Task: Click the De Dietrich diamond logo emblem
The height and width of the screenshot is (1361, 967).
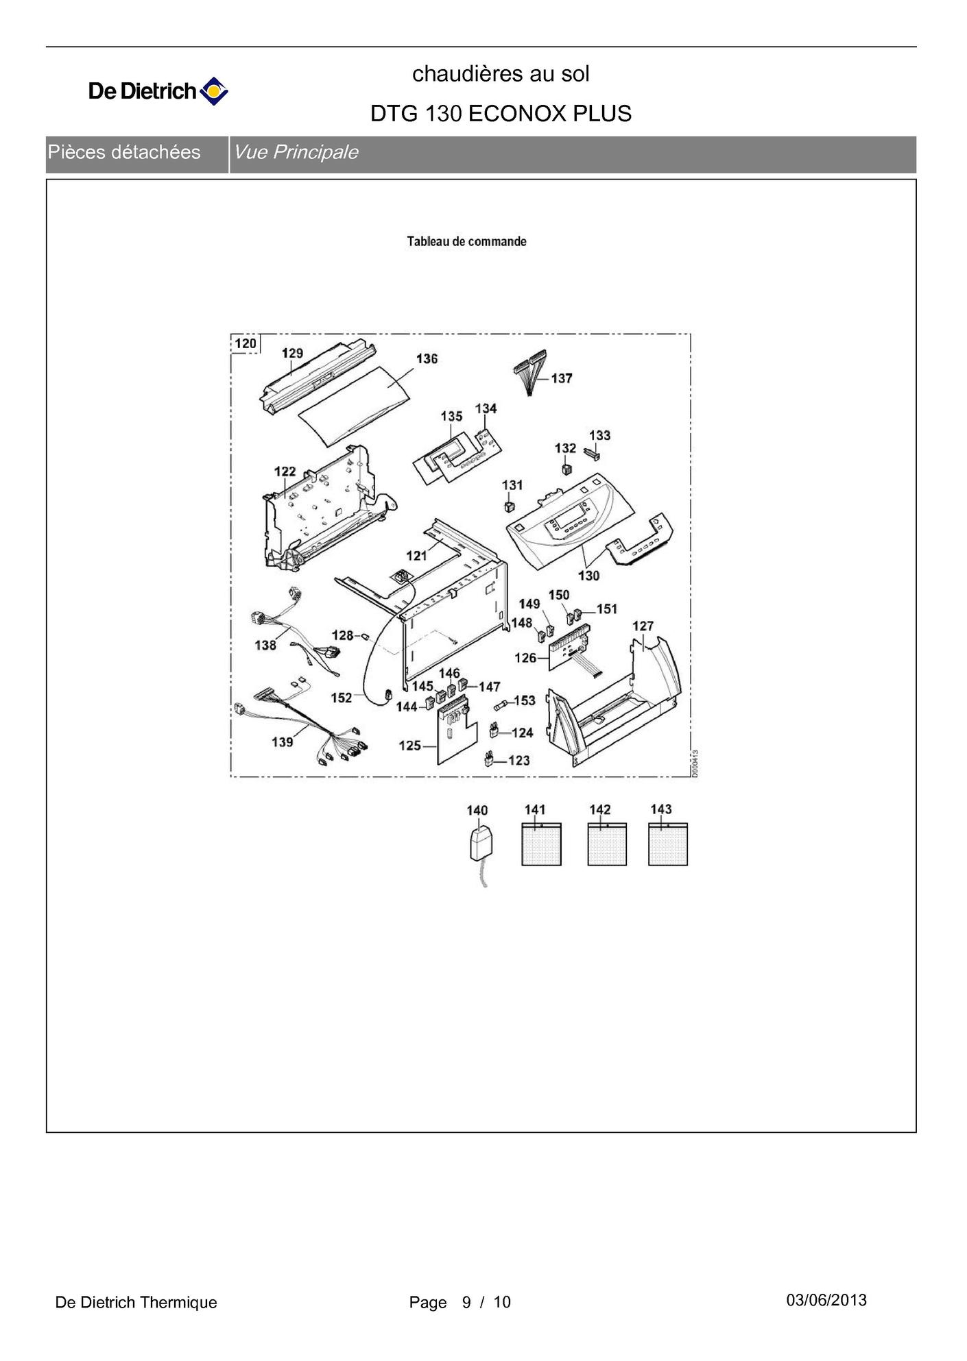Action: pos(213,91)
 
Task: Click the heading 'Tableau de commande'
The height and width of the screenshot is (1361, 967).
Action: pos(466,241)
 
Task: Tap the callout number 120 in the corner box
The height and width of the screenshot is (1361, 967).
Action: pos(245,343)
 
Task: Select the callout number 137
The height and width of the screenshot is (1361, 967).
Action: pos(562,378)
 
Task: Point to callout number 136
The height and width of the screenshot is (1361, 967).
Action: pos(427,358)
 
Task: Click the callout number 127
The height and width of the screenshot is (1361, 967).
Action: pos(643,626)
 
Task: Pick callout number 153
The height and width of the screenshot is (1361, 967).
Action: pos(524,700)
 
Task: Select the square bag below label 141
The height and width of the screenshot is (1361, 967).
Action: pos(541,845)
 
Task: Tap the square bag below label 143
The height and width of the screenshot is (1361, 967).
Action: pos(667,845)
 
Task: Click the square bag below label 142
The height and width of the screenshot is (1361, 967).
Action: pos(606,845)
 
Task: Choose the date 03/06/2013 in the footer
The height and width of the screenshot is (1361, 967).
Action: pos(826,1300)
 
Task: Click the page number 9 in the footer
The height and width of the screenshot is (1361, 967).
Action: pos(466,1302)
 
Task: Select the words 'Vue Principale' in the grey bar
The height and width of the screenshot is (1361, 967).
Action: pos(296,152)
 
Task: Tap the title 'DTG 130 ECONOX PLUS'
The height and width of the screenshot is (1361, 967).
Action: pos(501,113)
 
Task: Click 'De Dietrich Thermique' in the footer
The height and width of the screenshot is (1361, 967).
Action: pos(136,1302)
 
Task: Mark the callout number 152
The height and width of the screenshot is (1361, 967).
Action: pos(341,698)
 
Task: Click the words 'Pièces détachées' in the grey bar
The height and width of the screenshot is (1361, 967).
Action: pos(124,152)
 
